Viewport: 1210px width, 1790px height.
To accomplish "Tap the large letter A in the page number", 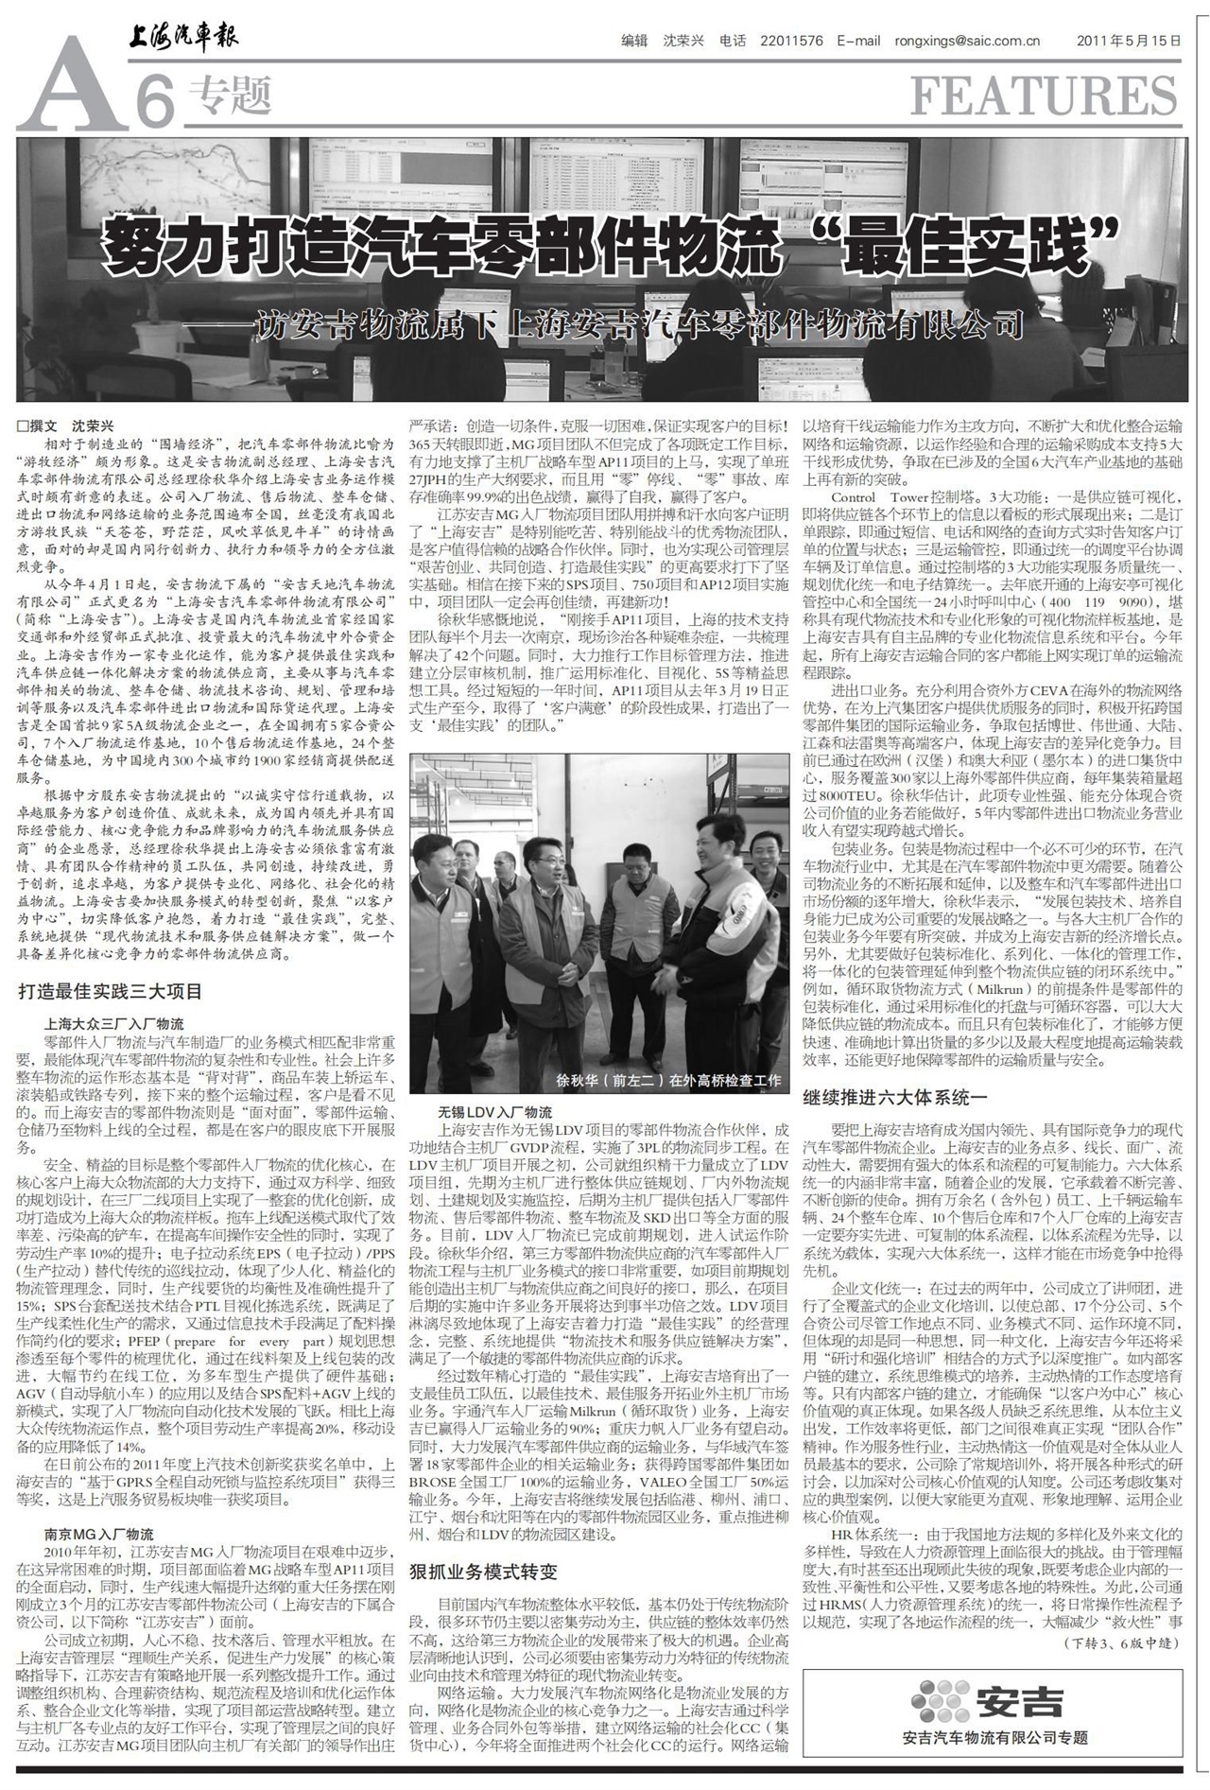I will point(71,90).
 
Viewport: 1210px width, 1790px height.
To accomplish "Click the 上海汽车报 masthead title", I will point(183,38).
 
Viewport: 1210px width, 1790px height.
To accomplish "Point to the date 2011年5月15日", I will point(1130,41).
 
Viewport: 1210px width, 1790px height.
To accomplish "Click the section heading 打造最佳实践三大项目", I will point(111,991).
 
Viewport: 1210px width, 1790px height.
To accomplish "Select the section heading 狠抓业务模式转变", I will point(483,1572).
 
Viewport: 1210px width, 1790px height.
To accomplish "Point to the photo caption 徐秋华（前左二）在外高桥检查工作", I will point(668,1080).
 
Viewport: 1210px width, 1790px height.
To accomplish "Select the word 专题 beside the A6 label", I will point(230,96).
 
